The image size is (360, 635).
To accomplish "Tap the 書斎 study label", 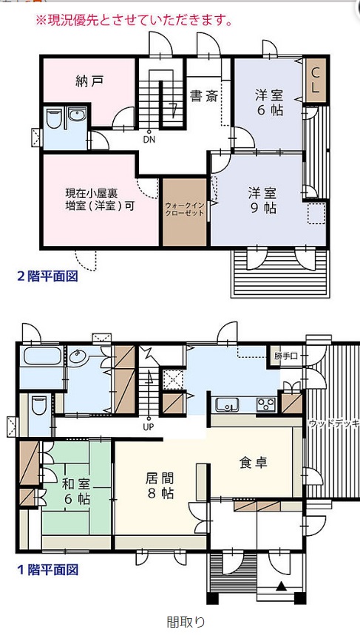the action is point(205,96).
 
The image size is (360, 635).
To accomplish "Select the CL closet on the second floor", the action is point(315,79).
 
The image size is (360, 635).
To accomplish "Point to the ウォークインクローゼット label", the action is point(184,209).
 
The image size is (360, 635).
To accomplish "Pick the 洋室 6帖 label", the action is point(268,103).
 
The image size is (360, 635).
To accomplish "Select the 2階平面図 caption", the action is point(47,276).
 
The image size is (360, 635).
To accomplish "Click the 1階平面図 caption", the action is point(47,570).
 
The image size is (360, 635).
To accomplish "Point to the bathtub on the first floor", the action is point(43,356).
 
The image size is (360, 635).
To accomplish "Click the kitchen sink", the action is point(227,404).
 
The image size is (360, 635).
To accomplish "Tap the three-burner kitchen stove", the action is point(265,404).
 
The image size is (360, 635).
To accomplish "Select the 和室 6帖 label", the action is point(76,491).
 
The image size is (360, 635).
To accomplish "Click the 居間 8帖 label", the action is point(160,486).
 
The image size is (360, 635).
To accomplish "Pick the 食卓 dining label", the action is point(254,462).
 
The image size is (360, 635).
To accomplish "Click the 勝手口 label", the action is point(285,356).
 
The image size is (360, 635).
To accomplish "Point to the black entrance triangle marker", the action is point(282,585).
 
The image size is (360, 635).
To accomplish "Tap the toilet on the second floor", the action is point(53,118).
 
